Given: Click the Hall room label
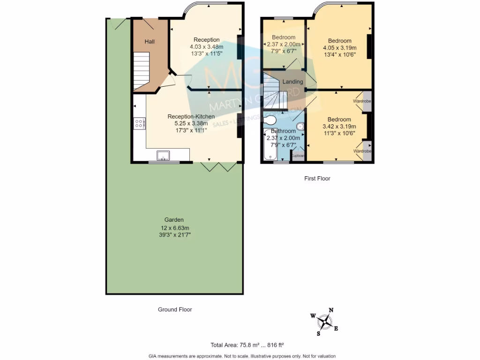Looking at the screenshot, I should click(x=150, y=42).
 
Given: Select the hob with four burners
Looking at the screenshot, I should click(x=139, y=124).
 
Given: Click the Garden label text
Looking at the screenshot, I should click(x=173, y=220).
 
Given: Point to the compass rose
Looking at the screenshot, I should click(x=324, y=322).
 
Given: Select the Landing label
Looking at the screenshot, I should click(x=292, y=82).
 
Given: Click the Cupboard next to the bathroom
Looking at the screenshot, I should click(x=298, y=156).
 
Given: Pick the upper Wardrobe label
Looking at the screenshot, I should click(x=362, y=101).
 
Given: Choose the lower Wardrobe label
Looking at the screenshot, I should click(x=362, y=151).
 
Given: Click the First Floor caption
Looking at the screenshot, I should click(x=317, y=178).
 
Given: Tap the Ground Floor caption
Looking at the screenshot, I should click(x=174, y=309).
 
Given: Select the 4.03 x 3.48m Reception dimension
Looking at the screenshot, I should click(x=206, y=47).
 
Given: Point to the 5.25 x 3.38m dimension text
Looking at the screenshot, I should click(x=191, y=124).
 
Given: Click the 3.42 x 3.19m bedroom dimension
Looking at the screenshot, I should click(x=339, y=127).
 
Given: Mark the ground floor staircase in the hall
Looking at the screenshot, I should click(x=141, y=70).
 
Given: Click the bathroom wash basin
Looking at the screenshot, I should click(x=300, y=126).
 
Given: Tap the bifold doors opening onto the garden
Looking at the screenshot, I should click(x=218, y=166).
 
